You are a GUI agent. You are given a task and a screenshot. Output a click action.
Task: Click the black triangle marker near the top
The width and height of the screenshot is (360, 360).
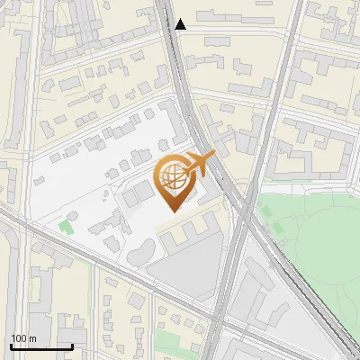click(x=181, y=24)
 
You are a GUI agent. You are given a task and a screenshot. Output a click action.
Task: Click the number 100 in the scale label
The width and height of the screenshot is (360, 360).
click(x=19, y=338)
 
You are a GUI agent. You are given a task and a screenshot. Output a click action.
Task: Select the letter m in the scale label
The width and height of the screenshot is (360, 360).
click(x=32, y=338)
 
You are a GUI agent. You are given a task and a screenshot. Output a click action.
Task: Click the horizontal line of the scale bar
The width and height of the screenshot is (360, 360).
click(x=40, y=346)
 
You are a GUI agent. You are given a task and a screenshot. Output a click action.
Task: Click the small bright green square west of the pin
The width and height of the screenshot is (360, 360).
click(x=65, y=226)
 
